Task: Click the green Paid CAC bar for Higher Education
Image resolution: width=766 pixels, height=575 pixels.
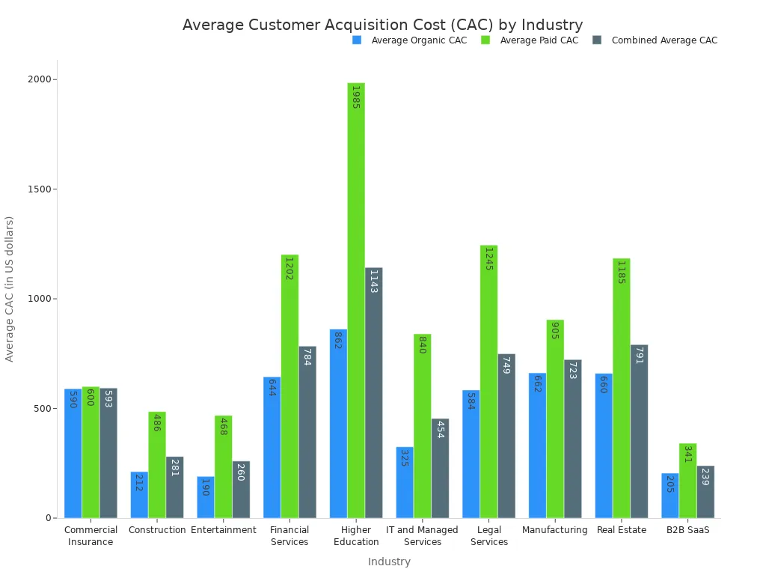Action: point(356,299)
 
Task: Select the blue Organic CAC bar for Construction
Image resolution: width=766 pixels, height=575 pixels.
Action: point(139,495)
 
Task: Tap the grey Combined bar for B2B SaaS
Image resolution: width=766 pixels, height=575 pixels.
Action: point(705,492)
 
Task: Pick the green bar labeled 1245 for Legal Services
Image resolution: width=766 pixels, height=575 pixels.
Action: point(488,382)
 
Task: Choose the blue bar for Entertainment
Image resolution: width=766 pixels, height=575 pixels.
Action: point(206,497)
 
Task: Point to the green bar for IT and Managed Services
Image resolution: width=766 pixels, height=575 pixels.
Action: point(422,426)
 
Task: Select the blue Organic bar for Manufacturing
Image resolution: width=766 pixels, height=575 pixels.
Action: point(537,445)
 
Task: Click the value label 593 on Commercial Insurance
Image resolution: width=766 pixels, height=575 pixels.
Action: point(108,398)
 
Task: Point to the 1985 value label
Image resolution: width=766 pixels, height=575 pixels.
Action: point(356,97)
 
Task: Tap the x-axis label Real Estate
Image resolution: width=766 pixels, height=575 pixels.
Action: point(622,530)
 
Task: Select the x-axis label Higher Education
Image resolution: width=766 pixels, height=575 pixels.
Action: point(356,536)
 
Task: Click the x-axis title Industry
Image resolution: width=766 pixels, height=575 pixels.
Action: point(389,562)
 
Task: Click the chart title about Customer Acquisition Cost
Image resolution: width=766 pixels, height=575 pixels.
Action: point(382,25)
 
